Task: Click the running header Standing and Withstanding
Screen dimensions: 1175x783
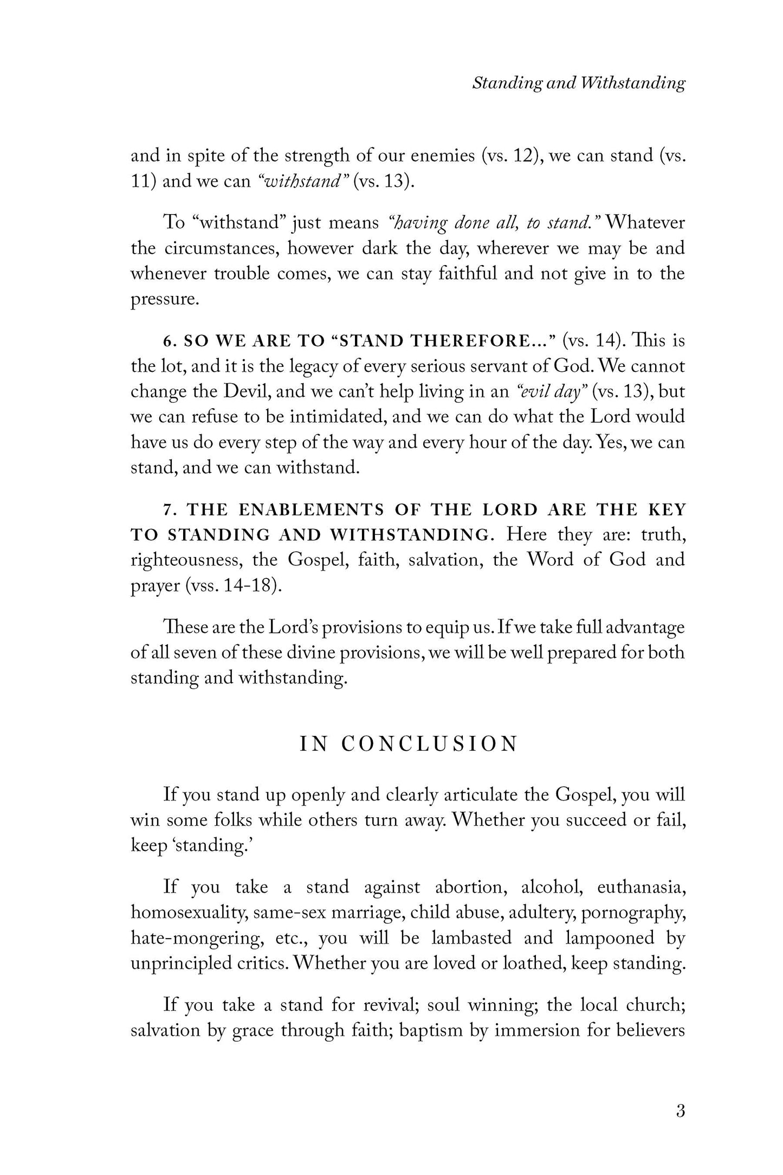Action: point(579,83)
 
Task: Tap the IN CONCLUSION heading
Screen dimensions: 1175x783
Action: point(409,744)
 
